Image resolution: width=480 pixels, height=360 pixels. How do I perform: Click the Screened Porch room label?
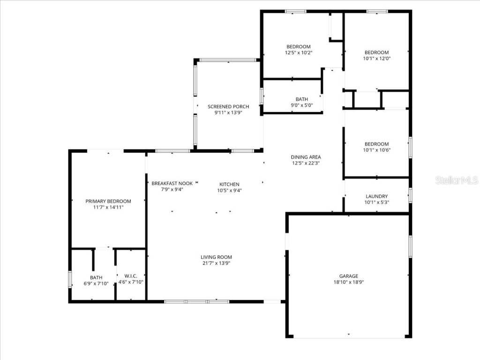pyautogui.click(x=228, y=106)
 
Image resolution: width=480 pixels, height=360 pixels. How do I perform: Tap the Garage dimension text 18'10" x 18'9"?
pyautogui.click(x=348, y=283)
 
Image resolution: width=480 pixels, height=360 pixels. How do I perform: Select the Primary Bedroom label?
pyautogui.click(x=108, y=201)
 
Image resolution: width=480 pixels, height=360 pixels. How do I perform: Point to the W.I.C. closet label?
pyautogui.click(x=130, y=276)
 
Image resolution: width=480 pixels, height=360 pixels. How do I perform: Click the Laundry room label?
pyautogui.click(x=377, y=196)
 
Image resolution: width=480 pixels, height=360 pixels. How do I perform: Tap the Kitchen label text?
pyautogui.click(x=229, y=184)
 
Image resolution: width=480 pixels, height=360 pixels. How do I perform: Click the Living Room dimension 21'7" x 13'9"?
pyautogui.click(x=216, y=263)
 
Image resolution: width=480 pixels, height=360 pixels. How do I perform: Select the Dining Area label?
pyautogui.click(x=306, y=157)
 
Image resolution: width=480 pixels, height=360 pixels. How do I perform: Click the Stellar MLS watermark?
pyautogui.click(x=456, y=180)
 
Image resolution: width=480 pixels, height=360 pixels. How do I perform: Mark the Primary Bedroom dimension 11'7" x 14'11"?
pyautogui.click(x=108, y=207)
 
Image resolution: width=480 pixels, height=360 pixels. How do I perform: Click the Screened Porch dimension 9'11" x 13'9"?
pyautogui.click(x=228, y=112)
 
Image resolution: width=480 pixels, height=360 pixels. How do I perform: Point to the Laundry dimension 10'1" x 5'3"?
pyautogui.click(x=377, y=202)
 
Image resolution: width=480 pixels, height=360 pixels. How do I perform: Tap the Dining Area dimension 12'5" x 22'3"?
pyautogui.click(x=306, y=163)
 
